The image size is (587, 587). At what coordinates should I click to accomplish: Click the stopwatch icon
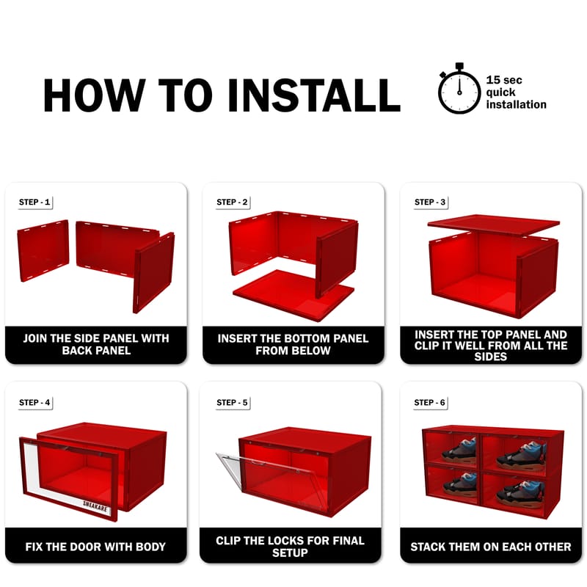(459, 89)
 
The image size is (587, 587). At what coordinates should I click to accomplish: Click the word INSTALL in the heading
(314, 95)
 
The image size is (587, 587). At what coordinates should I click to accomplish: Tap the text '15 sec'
(504, 80)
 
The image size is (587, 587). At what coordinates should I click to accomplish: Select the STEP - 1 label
(34, 203)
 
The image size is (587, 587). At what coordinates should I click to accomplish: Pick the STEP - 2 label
(232, 203)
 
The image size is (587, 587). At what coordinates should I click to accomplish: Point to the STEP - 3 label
(430, 203)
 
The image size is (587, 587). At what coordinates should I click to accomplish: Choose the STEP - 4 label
(34, 402)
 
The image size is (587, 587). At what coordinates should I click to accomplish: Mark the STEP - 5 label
(232, 402)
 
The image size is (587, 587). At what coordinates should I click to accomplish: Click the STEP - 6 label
(429, 402)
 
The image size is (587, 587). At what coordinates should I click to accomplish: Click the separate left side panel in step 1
(43, 250)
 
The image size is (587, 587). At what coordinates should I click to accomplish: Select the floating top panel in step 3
(493, 225)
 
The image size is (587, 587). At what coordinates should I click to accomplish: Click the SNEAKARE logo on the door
(95, 507)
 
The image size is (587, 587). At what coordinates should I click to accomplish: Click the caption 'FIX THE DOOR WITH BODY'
(95, 547)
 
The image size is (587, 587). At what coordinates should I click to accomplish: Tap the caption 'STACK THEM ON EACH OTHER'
(491, 547)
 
